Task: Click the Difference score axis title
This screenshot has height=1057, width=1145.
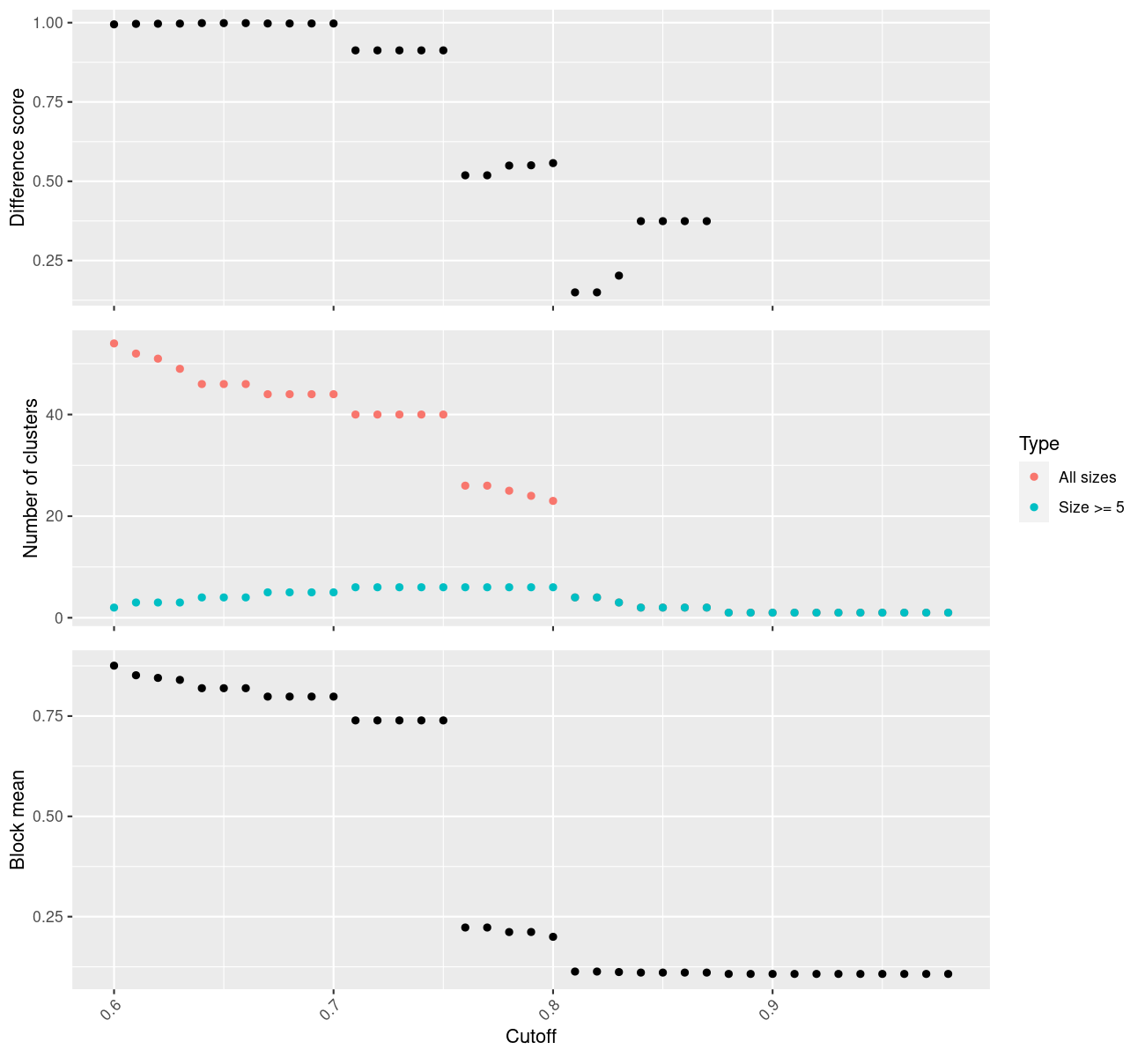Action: coord(18,158)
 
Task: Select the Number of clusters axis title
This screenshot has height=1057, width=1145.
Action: coord(32,478)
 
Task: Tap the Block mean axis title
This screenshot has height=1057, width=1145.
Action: coord(18,820)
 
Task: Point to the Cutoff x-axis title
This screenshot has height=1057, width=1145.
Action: coord(530,1036)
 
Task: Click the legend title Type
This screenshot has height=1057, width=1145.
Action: coord(1038,444)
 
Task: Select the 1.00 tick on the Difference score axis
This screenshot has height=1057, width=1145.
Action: coord(48,23)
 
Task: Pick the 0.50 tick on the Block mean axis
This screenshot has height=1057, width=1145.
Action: coord(48,817)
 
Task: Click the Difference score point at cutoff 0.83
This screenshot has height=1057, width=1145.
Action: coord(618,276)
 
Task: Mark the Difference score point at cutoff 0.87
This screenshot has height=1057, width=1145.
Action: coord(706,221)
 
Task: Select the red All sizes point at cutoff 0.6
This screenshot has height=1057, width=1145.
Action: coord(114,344)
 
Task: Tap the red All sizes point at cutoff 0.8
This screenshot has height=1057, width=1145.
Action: coord(553,501)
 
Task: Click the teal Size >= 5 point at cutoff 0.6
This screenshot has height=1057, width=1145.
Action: coord(114,608)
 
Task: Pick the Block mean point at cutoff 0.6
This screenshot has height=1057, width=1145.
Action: coord(114,666)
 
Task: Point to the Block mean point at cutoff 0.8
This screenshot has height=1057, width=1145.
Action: coord(553,937)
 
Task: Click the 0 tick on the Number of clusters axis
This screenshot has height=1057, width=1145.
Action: coord(60,617)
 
